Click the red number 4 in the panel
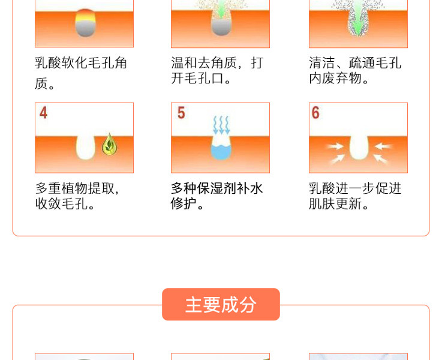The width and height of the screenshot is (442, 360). pyautogui.click(x=43, y=113)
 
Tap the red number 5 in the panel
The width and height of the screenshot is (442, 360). pyautogui.click(x=181, y=113)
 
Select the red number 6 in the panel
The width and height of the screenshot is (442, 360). pyautogui.click(x=315, y=113)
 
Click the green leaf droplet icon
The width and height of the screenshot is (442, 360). pyautogui.click(x=110, y=144)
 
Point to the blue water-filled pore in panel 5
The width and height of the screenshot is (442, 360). pyautogui.click(x=221, y=152)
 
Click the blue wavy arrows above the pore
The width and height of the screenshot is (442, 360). pyautogui.click(x=221, y=125)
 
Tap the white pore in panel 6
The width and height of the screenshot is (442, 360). pyautogui.click(x=359, y=147)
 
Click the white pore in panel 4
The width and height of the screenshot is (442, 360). pyautogui.click(x=85, y=147)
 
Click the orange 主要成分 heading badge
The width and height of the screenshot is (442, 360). pyautogui.click(x=221, y=304)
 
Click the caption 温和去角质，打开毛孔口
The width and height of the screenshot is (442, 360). pyautogui.click(x=217, y=70)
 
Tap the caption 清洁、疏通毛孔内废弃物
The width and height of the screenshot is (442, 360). pyautogui.click(x=355, y=70)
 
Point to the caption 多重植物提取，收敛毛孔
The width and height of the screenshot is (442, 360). pyautogui.click(x=77, y=196)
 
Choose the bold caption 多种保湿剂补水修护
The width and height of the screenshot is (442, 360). pyautogui.click(x=217, y=196)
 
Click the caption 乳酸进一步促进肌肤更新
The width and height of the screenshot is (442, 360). pyautogui.click(x=355, y=196)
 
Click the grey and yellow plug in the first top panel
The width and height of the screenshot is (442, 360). pyautogui.click(x=85, y=23)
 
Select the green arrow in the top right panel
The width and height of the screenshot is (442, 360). pyautogui.click(x=357, y=16)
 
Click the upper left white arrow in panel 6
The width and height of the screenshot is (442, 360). pyautogui.click(x=335, y=146)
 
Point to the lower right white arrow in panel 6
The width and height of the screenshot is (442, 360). pyautogui.click(x=381, y=158)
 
